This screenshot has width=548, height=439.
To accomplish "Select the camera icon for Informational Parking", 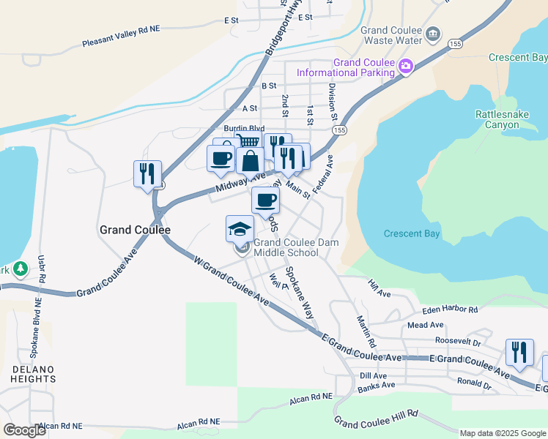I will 406,67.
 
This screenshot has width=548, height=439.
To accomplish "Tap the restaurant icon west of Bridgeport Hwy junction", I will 147,174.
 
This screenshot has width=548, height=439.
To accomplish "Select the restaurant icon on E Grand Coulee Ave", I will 519,353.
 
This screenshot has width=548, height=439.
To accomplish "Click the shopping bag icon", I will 250,161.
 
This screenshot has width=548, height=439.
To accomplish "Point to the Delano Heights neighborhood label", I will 34,373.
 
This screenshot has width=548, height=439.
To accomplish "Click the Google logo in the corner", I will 24,430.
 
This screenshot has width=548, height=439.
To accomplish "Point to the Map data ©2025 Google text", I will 502,433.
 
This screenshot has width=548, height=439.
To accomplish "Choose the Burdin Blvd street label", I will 244,128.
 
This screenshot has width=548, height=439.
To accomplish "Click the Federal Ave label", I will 322,174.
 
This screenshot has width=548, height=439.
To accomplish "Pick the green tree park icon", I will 21,269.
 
